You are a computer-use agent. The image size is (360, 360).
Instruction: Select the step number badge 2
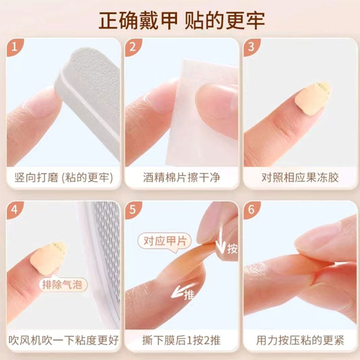pyautogui.click(x=133, y=47)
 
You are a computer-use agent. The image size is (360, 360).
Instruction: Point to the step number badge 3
pyautogui.click(x=252, y=47)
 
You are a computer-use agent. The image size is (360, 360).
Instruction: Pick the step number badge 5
pyautogui.click(x=133, y=210)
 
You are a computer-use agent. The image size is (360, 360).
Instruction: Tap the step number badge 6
pyautogui.click(x=252, y=210)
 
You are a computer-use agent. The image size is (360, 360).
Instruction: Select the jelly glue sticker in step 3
pyautogui.click(x=313, y=96)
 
